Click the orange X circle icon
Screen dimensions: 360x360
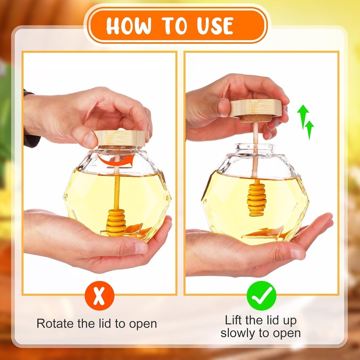pos(99,295)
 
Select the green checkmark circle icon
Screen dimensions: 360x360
pos(261,295)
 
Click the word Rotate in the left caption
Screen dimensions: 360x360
pos(57,323)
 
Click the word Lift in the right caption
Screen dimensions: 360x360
pos(235,320)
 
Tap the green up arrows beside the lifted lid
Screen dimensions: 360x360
pos(305,121)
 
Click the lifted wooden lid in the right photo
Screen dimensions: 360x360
pos(256,108)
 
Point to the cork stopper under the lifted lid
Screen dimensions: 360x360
pos(256,118)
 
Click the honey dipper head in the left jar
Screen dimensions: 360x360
pos(116,222)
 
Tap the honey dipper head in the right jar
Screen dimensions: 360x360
pos(257,199)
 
